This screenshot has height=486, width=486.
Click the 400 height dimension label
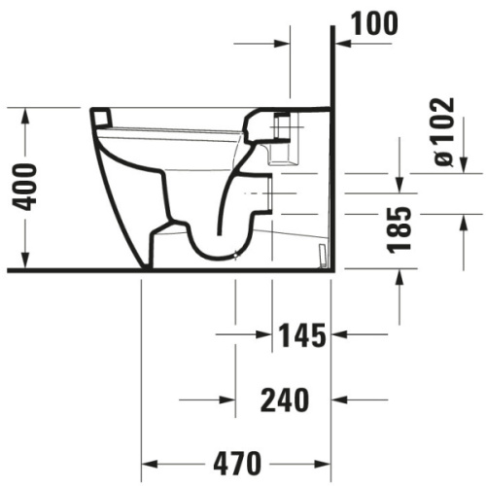24,188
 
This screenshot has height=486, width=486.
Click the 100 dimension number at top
374,23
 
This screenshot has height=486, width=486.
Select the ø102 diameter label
443,132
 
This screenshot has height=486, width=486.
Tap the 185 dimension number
399,228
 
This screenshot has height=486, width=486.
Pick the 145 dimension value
302,335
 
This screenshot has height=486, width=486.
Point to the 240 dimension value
285,400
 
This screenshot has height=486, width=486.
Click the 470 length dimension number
237,464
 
